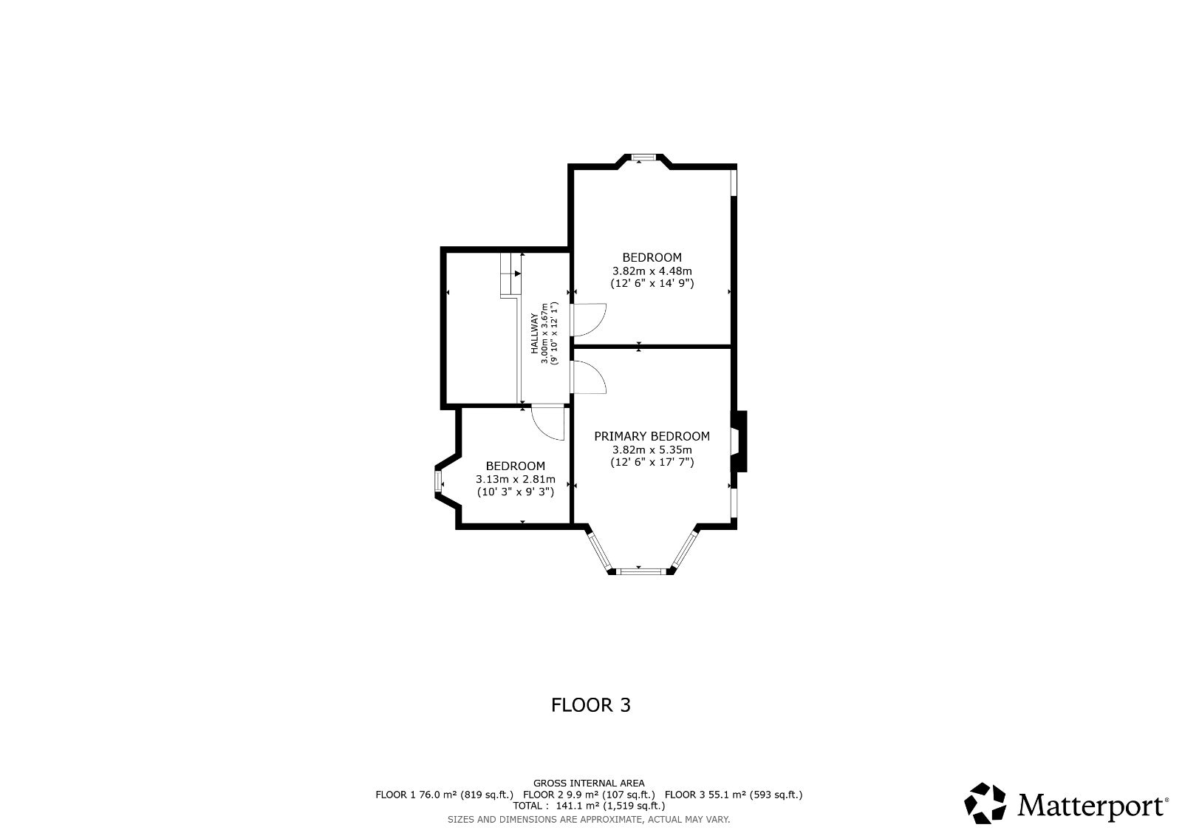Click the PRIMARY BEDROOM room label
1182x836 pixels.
click(x=652, y=436)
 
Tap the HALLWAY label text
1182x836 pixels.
click(x=534, y=334)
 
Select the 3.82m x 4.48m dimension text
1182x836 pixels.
click(x=652, y=271)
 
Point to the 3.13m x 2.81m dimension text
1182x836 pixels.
click(x=516, y=480)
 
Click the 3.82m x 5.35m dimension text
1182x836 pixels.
click(x=652, y=450)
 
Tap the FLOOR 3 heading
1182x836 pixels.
click(x=591, y=705)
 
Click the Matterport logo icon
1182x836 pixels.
click(x=985, y=803)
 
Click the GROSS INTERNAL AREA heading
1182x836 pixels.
click(x=589, y=784)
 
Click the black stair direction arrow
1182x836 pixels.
click(x=518, y=273)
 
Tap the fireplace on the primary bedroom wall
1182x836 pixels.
click(x=739, y=441)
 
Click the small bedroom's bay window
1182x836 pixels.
click(x=438, y=481)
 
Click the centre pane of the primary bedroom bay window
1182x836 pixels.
click(x=641, y=571)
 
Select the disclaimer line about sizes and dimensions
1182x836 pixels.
click(x=589, y=820)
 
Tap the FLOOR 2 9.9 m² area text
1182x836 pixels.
click(x=589, y=795)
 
